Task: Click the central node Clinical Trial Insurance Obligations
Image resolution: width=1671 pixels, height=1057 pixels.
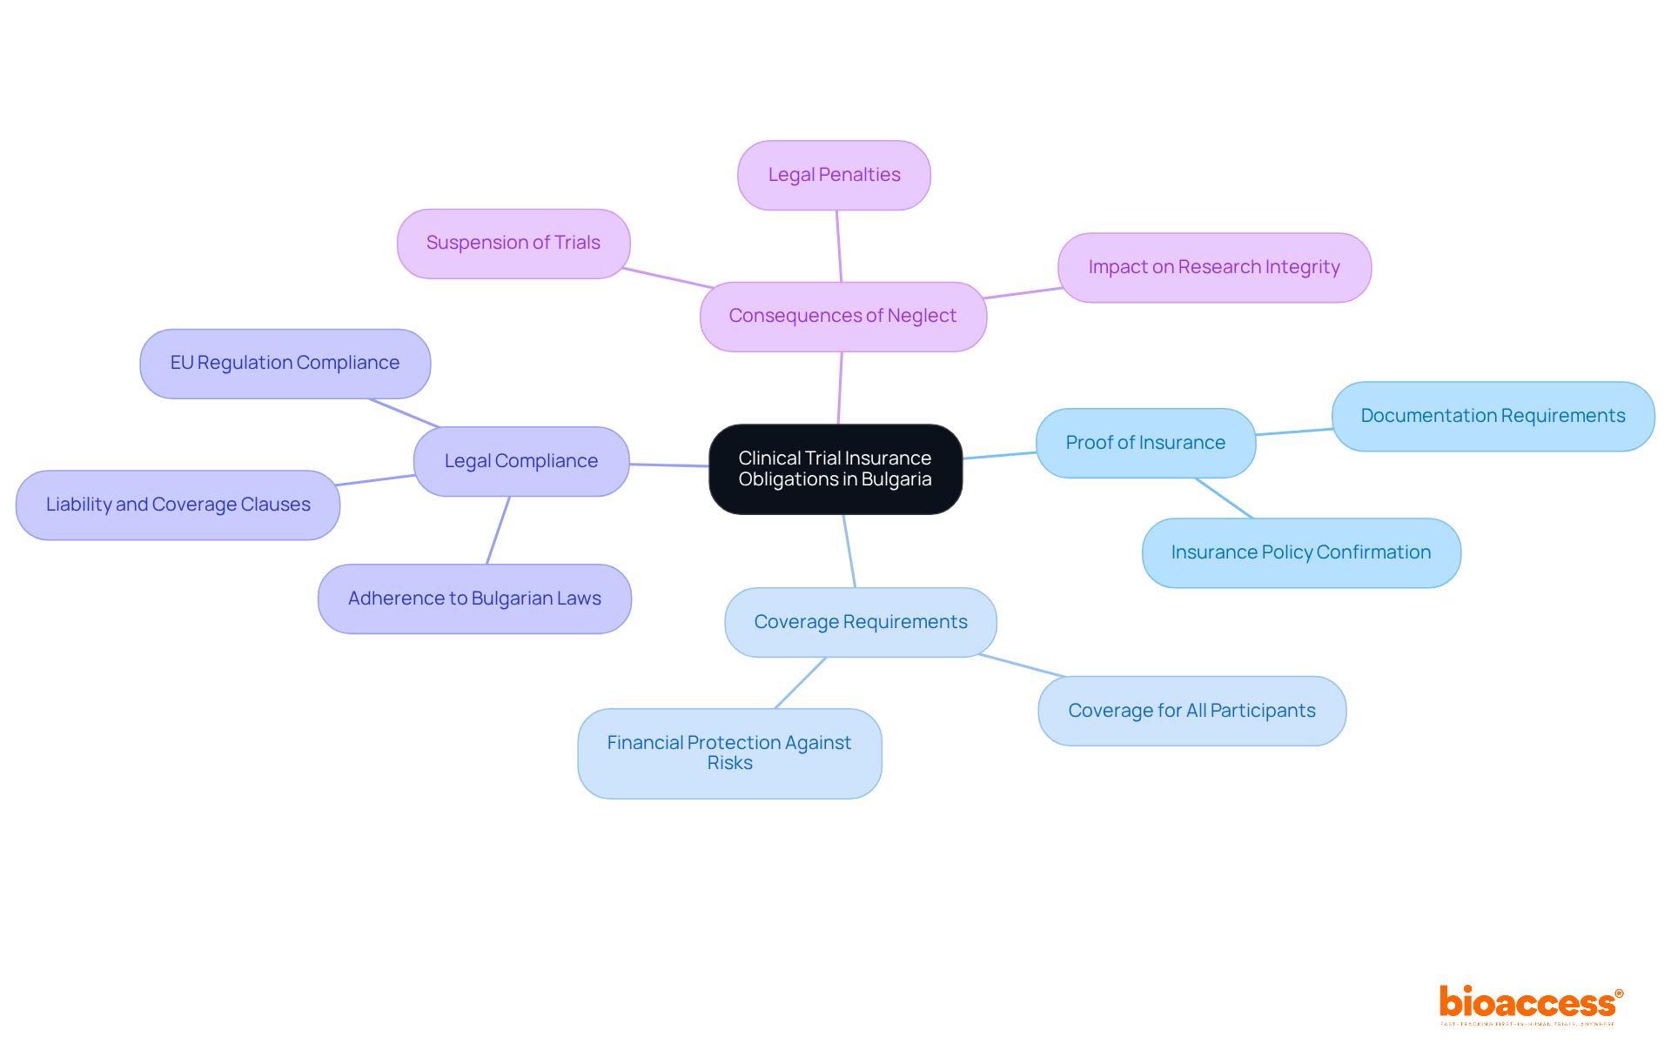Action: coord(835,469)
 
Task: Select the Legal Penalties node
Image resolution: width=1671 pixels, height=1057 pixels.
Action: coord(834,175)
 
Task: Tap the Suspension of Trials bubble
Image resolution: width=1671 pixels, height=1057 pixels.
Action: coord(513,243)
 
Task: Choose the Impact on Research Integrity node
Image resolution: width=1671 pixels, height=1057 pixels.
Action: coord(1214,267)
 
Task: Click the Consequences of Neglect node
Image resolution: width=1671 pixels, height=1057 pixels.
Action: coord(842,316)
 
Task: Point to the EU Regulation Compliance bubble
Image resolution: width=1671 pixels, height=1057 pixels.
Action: coord(285,363)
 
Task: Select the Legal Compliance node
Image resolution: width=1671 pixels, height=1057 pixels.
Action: coord(521,461)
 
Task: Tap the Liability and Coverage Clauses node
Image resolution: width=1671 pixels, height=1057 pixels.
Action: coord(178,505)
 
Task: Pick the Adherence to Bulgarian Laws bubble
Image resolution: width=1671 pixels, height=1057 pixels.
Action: coord(474,599)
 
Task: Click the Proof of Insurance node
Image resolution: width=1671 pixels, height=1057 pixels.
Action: coord(1145,443)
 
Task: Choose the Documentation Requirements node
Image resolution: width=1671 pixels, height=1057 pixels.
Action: coord(1493,416)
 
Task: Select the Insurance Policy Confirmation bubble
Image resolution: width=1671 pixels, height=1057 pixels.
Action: coord(1301,552)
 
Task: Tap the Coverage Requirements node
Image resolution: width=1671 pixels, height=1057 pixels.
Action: coord(861,622)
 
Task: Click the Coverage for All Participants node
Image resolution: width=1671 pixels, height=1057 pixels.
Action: coord(1191,711)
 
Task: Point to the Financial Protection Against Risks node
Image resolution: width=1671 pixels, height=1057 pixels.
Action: coord(729,753)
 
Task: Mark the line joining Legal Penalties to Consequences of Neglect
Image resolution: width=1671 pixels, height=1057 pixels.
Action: coord(839,246)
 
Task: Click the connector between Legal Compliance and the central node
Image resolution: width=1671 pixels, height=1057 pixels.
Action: coord(669,465)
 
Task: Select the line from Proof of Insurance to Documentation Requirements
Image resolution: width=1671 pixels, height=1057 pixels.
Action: coord(1294,431)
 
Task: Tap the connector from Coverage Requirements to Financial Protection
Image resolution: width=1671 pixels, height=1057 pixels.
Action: coord(801,683)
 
